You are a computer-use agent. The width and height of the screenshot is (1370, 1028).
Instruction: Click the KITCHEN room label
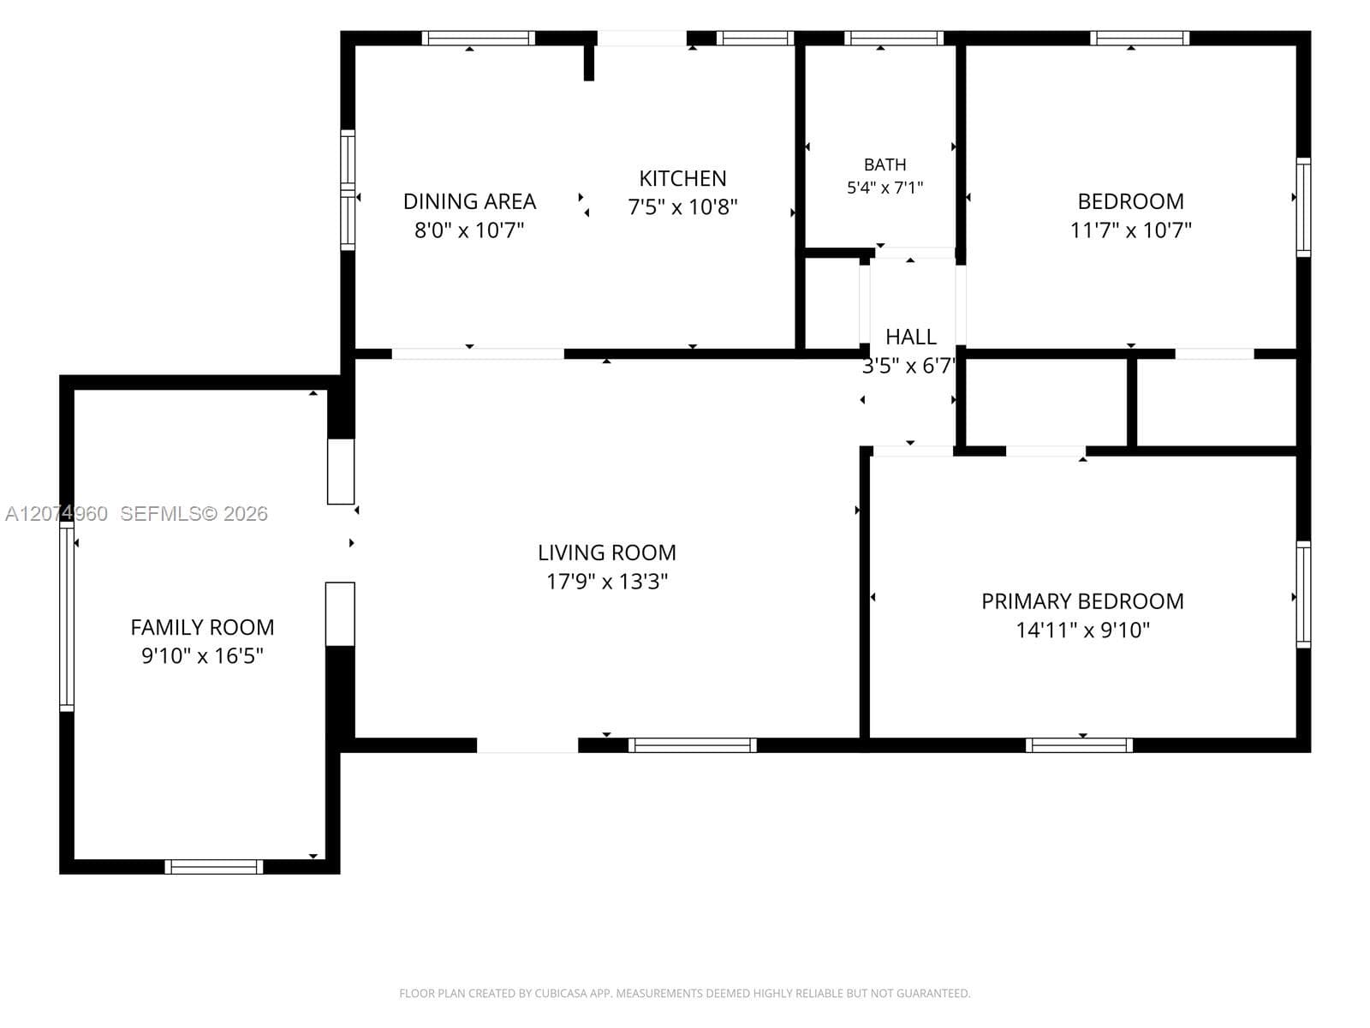point(682,179)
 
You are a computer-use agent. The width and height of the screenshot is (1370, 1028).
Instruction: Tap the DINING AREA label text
point(469,201)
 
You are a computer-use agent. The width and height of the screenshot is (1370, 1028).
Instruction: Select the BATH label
point(885,164)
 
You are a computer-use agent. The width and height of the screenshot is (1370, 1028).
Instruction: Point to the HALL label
point(911,337)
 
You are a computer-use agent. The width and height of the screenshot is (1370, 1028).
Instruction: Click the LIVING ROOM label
point(607,553)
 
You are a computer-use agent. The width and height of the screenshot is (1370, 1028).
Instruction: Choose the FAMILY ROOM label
point(202,627)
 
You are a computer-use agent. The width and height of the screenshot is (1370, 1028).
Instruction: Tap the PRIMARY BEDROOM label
point(1082,601)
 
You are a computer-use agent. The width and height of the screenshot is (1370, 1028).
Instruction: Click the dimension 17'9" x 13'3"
point(607,582)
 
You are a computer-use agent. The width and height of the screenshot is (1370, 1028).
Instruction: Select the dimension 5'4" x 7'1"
point(885,188)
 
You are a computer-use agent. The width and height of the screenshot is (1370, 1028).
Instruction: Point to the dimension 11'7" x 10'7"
point(1130,230)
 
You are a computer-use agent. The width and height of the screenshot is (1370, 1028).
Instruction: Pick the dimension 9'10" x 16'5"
point(202,656)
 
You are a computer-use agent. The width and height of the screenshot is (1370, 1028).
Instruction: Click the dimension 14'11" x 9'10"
point(1082,631)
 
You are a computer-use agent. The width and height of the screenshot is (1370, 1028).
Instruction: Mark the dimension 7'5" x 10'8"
point(682,206)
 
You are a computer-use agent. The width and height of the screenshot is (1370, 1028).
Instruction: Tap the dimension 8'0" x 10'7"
point(469,230)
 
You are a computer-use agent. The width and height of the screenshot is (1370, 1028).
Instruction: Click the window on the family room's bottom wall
point(213,867)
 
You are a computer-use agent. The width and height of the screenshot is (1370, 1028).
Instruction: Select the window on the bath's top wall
point(894,38)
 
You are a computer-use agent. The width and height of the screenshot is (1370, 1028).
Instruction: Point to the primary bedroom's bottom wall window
point(1079,745)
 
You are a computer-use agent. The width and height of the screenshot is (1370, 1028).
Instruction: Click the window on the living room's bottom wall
point(692,745)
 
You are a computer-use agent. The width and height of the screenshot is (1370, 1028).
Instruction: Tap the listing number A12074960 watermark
point(57,514)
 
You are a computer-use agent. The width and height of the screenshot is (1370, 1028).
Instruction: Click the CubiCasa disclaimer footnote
point(685,994)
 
